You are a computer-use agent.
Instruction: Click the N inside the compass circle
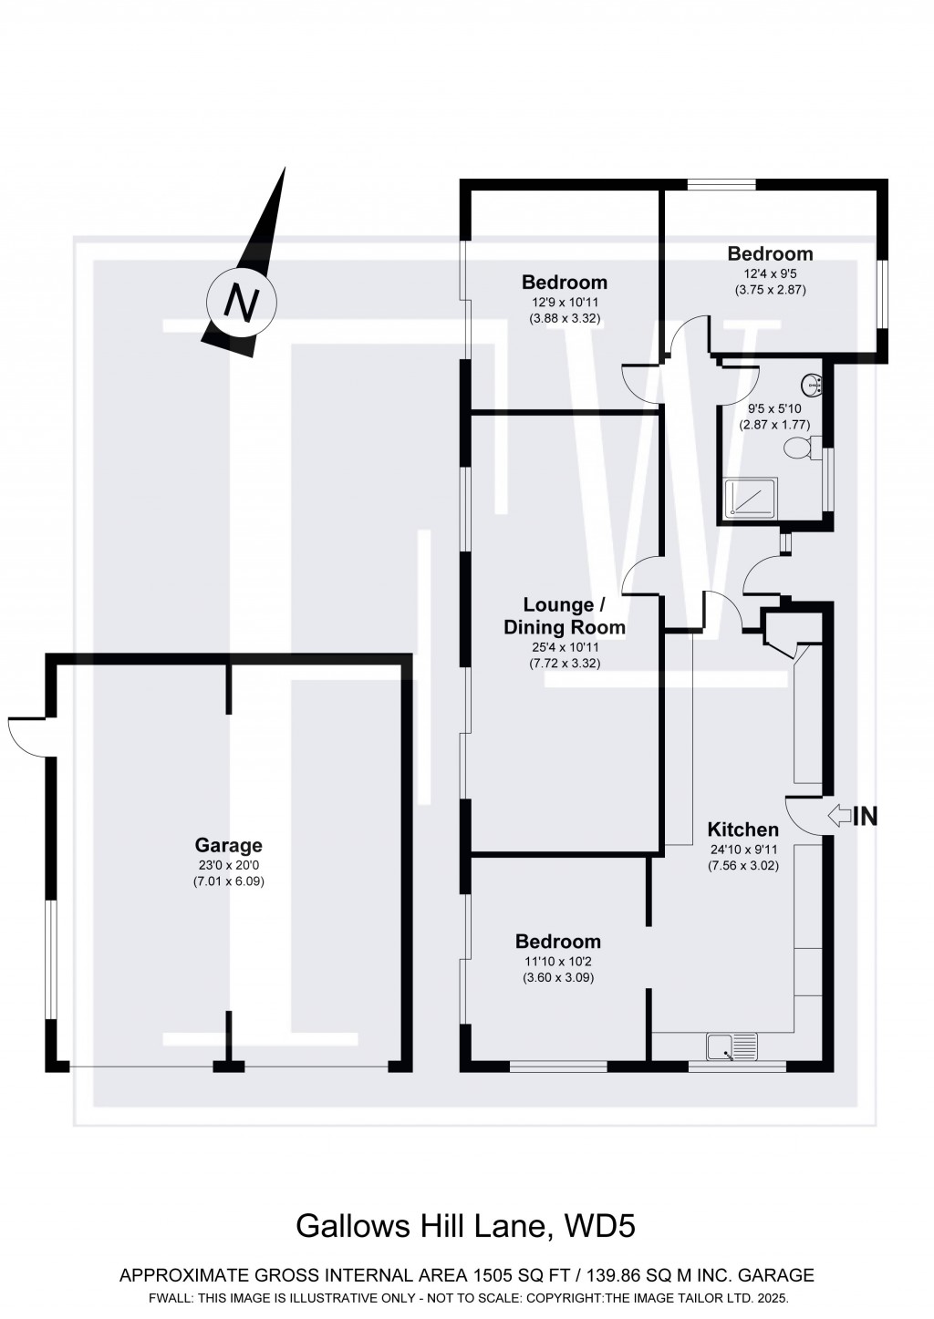coord(241,301)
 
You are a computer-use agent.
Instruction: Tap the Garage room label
coord(228,845)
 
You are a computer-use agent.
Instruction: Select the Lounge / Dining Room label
coord(564,616)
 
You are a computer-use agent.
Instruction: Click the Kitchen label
coord(743,830)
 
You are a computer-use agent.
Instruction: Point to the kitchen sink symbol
coord(732,1046)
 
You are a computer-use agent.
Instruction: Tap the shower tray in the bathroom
coord(751,499)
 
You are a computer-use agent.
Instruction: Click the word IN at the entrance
coord(865,817)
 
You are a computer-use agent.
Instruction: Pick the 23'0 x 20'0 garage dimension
coord(228,865)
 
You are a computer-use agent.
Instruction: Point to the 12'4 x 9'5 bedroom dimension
coord(770,273)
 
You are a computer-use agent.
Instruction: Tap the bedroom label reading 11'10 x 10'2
coord(558,942)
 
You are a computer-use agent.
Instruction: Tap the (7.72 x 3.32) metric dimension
coord(564,663)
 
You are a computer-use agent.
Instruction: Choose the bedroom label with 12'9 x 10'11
coord(564,283)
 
